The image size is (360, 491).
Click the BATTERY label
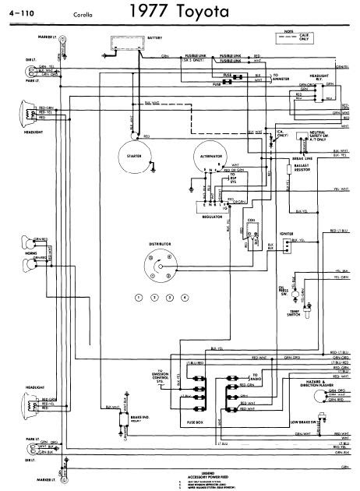155,37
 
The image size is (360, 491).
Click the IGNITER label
286,233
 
